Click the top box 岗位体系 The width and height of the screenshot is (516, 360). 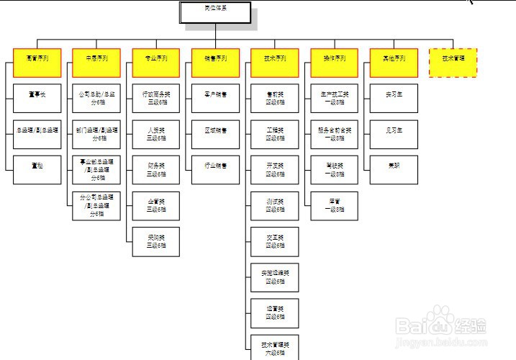(215, 12)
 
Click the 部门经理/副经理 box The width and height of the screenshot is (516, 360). (96, 134)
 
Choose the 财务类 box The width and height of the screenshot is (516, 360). (155, 169)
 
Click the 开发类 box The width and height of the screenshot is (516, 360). (274, 169)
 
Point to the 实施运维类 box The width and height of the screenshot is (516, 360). (274, 276)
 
